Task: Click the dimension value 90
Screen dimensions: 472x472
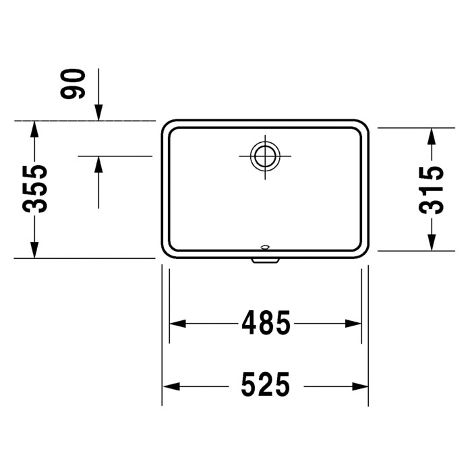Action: pyautogui.click(x=74, y=84)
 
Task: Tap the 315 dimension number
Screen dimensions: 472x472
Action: pyautogui.click(x=432, y=189)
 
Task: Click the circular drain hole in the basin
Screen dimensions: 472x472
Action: pyautogui.click(x=264, y=156)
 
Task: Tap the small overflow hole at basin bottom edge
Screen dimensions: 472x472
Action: pyautogui.click(x=264, y=247)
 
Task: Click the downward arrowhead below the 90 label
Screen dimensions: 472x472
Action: pyautogui.click(x=99, y=113)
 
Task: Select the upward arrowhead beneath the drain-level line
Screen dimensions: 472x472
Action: pyautogui.click(x=99, y=164)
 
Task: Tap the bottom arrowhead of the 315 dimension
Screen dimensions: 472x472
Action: pyautogui.click(x=432, y=243)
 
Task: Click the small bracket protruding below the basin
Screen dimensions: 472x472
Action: pyautogui.click(x=264, y=259)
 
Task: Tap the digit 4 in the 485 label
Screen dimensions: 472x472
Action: pyautogui.click(x=248, y=324)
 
